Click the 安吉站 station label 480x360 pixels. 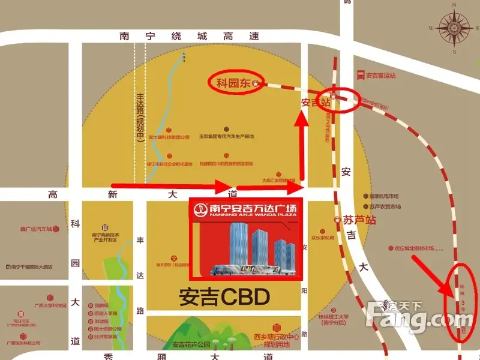coord(316,103)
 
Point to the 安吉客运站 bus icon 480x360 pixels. coord(360,75)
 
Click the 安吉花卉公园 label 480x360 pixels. coord(191,345)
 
